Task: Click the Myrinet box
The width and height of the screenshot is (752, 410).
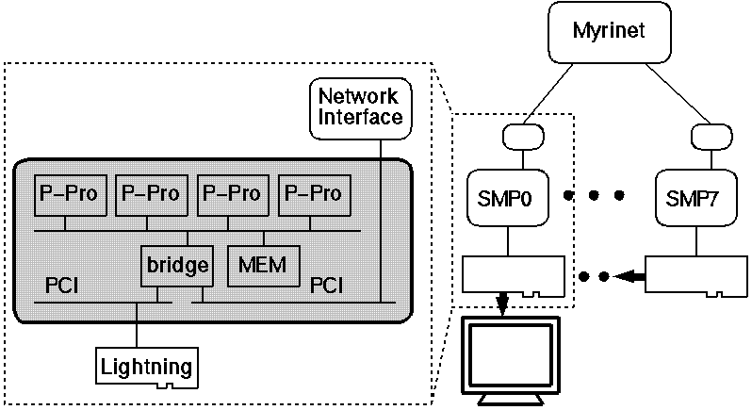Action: click(610, 33)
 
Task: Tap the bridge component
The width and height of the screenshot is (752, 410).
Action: click(176, 265)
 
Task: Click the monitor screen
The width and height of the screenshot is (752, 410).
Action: click(508, 354)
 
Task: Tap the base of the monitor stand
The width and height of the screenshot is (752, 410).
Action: click(509, 400)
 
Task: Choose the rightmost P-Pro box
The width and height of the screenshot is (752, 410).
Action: click(311, 194)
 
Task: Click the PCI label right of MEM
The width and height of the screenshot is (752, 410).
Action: click(327, 284)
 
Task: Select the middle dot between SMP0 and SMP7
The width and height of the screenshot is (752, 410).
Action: click(594, 196)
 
